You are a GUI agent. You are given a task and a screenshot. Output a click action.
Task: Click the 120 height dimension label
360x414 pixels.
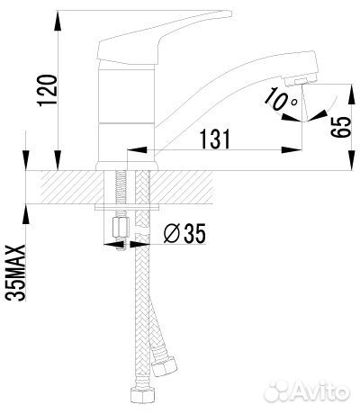point(47,90)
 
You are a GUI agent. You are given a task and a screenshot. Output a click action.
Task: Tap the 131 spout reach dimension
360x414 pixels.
point(215,139)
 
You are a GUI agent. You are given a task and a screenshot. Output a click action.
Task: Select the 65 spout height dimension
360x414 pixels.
point(340,127)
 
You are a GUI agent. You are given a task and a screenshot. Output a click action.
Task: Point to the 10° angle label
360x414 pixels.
point(281,98)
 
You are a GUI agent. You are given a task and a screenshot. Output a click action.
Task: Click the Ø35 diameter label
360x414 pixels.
point(184,233)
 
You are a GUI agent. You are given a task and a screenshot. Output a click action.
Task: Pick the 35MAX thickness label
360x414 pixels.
point(15,273)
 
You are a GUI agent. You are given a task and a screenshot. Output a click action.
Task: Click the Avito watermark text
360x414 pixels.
point(320,391)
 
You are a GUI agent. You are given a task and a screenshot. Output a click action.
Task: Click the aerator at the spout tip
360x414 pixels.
point(301,81)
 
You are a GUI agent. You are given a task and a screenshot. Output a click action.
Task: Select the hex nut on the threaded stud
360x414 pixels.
point(121,228)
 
